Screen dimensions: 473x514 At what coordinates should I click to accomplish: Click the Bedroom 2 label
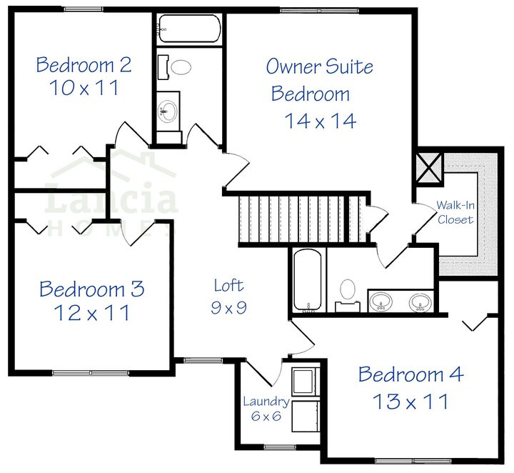tap(84, 66)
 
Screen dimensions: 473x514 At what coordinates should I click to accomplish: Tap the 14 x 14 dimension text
tap(321, 121)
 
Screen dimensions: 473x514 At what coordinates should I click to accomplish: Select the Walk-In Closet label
tap(455, 212)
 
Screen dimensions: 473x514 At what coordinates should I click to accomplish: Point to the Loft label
tap(228, 286)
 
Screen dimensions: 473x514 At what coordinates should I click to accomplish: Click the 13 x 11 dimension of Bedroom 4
tap(410, 402)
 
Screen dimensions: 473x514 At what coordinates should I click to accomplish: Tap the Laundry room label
tap(266, 402)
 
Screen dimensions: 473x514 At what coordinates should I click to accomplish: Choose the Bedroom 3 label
tap(91, 289)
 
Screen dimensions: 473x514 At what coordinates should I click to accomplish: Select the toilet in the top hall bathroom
tap(179, 69)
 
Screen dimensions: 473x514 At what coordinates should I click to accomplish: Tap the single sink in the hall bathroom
tap(168, 111)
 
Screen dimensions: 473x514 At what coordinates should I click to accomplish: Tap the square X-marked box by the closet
tap(430, 168)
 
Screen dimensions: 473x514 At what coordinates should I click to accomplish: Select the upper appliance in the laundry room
tap(306, 380)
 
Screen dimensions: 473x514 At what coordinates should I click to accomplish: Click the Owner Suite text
tap(320, 67)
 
